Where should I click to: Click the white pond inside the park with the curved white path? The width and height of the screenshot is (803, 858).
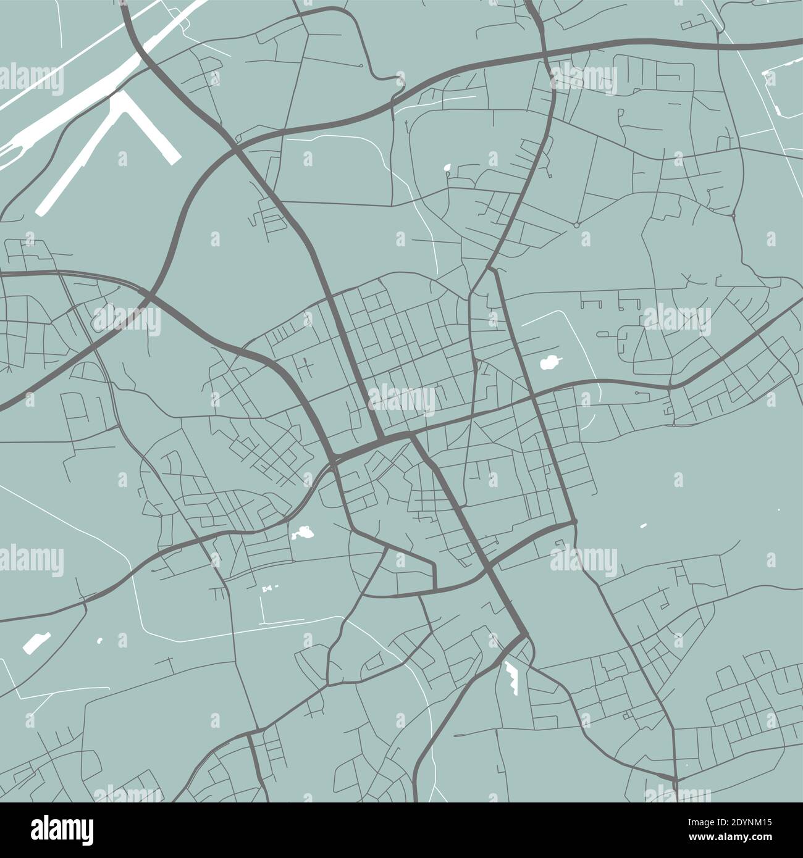pos(549,363)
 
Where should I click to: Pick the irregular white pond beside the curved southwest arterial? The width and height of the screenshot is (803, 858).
pos(302,531)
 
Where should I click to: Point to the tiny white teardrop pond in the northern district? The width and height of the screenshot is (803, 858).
pos(447,167)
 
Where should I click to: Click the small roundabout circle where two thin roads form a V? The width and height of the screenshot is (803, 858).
pos(576,225)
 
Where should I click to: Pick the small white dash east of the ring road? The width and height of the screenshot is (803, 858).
pos(643,526)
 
